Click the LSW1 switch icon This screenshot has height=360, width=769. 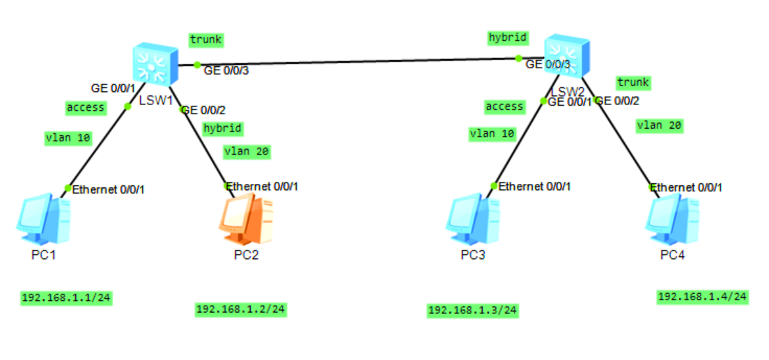[x=154, y=63]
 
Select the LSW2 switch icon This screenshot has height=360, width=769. [x=565, y=56]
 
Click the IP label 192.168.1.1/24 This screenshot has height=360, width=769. [x=66, y=298]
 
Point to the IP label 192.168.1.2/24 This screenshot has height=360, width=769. [x=241, y=308]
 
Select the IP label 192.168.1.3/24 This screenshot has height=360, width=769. [x=473, y=310]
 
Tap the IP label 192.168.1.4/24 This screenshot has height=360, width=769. [x=703, y=297]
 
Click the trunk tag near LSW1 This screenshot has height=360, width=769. [x=205, y=40]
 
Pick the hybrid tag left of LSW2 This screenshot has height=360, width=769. [x=507, y=38]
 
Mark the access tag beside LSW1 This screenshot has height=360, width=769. [x=86, y=107]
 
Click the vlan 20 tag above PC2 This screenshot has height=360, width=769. [x=247, y=150]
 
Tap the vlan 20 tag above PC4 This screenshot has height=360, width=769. [x=659, y=126]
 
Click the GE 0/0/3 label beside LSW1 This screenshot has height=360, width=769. [x=226, y=70]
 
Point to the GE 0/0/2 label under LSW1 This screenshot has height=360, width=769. [x=203, y=110]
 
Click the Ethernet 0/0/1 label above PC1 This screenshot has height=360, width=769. [x=109, y=189]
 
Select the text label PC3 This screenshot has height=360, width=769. [x=473, y=255]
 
